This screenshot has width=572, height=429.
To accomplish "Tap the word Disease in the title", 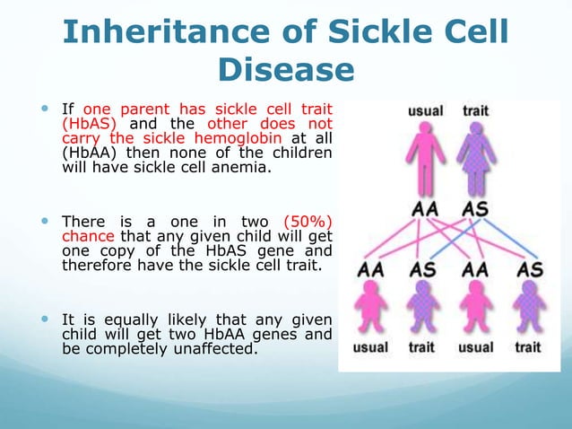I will point(286,71).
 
